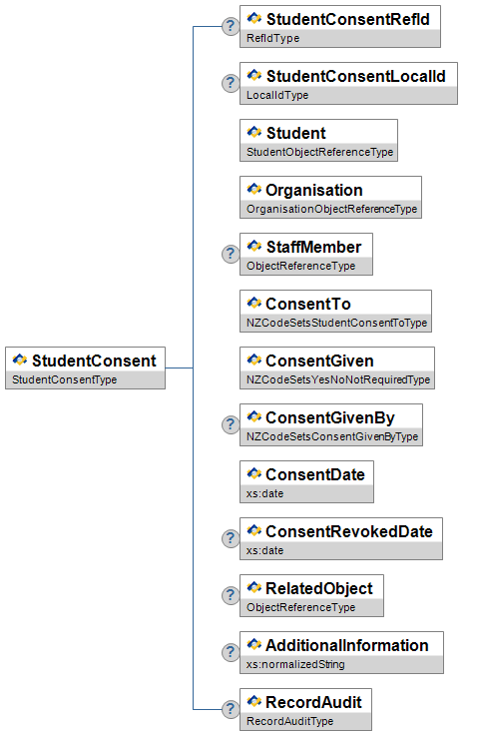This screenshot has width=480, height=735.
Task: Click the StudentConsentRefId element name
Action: (348, 19)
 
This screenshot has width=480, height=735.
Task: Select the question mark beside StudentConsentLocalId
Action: (231, 83)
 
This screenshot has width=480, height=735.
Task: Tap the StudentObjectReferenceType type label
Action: (320, 152)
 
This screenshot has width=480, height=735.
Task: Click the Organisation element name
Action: (314, 190)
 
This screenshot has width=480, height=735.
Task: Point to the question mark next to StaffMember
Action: (231, 254)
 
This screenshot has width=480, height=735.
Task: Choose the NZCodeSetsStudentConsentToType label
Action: (336, 323)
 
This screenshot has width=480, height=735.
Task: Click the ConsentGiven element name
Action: (319, 361)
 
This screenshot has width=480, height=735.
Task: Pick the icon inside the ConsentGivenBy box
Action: (253, 416)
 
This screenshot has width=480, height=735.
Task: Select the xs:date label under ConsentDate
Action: (265, 493)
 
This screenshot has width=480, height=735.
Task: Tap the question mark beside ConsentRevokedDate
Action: (231, 538)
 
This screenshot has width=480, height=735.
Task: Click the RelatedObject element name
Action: (319, 588)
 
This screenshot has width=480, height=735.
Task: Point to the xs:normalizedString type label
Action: (295, 664)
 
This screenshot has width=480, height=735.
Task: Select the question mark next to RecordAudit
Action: (231, 709)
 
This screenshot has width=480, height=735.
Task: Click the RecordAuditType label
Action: (289, 721)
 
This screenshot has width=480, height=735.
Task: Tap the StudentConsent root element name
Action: (94, 361)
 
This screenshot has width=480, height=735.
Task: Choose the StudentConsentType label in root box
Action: (65, 379)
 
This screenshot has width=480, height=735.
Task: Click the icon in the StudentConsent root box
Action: (20, 360)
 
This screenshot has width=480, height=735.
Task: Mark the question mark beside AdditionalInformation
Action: (231, 652)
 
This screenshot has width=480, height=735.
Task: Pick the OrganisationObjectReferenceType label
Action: (331, 209)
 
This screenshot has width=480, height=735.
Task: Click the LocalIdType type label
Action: (277, 95)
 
